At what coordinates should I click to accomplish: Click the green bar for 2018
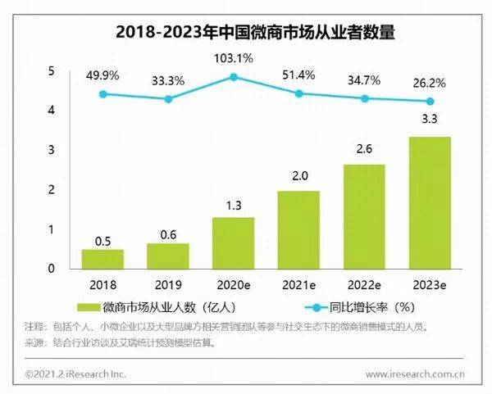(103, 259)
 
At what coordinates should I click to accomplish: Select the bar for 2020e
(234, 243)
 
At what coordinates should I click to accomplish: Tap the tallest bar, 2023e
(430, 203)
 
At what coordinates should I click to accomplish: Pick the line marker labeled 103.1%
(234, 77)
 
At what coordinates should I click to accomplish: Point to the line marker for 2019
(168, 99)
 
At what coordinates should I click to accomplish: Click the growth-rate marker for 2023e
(430, 102)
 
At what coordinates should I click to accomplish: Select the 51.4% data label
(298, 75)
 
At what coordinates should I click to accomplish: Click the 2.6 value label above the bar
(364, 149)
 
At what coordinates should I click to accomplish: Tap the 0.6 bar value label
(168, 235)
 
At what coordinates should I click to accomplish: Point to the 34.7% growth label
(364, 80)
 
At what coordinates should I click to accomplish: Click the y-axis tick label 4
(51, 110)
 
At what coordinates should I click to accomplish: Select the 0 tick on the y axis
(51, 269)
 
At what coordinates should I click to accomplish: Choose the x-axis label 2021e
(299, 285)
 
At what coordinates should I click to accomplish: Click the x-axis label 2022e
(364, 285)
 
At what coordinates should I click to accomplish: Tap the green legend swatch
(89, 307)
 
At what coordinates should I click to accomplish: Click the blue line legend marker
(316, 307)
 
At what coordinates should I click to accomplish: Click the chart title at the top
(255, 32)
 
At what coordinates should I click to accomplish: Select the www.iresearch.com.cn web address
(415, 374)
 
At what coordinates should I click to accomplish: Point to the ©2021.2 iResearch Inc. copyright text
(75, 374)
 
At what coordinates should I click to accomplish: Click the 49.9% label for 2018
(102, 75)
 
